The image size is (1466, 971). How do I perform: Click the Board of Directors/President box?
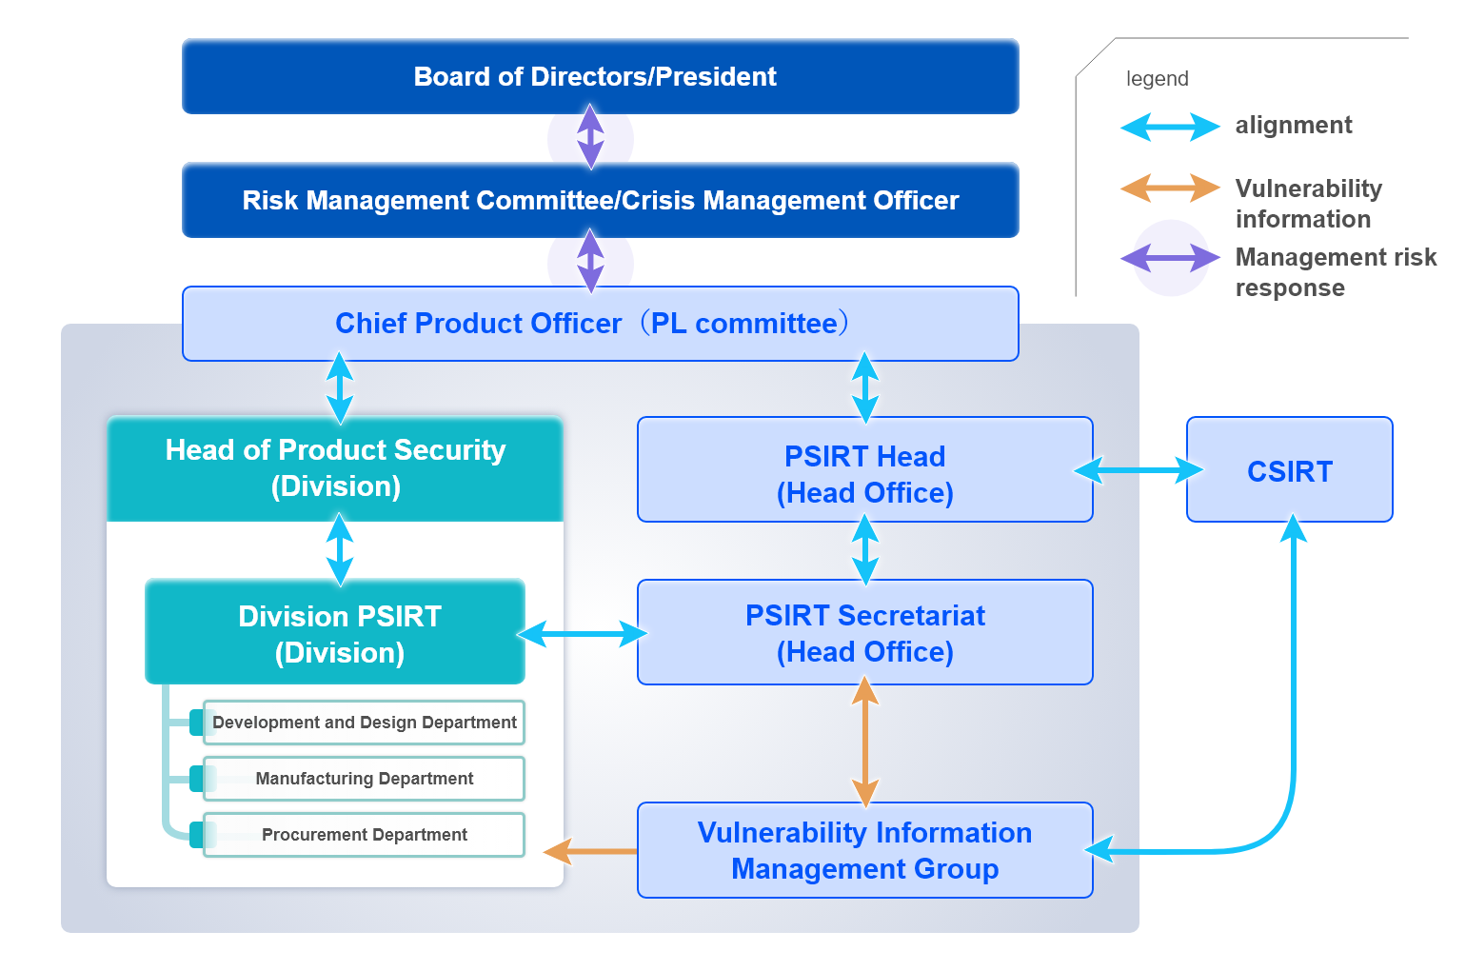(x=600, y=76)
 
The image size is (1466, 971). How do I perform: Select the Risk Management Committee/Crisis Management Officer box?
(x=600, y=200)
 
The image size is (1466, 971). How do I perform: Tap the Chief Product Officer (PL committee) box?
(x=600, y=324)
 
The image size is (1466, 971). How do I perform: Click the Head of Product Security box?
(x=335, y=468)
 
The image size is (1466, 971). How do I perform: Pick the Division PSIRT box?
(x=335, y=633)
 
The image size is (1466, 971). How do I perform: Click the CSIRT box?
(x=1289, y=470)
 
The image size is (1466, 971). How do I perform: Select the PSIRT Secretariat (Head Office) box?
(x=864, y=633)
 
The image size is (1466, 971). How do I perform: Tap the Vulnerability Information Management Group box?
(x=864, y=850)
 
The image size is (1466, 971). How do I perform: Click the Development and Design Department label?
(x=364, y=723)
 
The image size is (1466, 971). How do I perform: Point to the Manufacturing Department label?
(x=364, y=779)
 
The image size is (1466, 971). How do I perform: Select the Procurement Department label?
(x=364, y=835)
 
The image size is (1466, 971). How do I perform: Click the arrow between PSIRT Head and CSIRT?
(x=1139, y=470)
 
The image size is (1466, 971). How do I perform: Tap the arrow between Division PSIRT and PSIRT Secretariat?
(x=582, y=634)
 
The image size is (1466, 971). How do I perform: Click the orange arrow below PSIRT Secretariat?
(x=864, y=743)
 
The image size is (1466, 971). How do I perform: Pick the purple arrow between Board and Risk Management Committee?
(x=590, y=137)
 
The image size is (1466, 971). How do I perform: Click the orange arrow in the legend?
(x=1170, y=188)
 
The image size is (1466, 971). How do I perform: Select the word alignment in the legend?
(x=1293, y=126)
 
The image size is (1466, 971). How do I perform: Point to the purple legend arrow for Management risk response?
(x=1170, y=258)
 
